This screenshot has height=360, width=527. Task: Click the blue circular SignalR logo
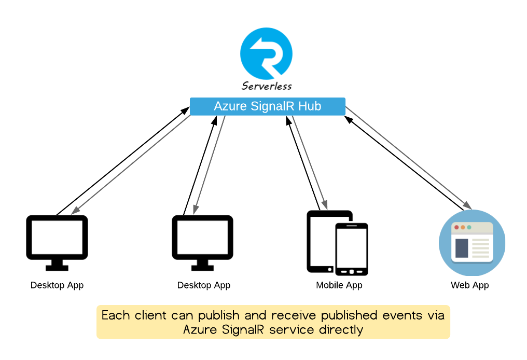[x=266, y=54]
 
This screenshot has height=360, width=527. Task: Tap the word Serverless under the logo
[x=267, y=86]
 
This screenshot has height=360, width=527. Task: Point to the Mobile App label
[x=339, y=285]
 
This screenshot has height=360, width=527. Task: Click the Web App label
[x=469, y=285]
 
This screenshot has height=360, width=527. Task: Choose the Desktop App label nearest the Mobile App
[x=204, y=285]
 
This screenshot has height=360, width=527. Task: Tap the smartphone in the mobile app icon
[x=351, y=249]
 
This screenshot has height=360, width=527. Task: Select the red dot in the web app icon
[x=456, y=228]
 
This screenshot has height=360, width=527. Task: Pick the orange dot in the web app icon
[x=463, y=228]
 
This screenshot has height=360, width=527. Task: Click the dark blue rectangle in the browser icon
[x=461, y=248]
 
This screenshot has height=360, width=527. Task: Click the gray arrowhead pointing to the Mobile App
[x=325, y=205]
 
